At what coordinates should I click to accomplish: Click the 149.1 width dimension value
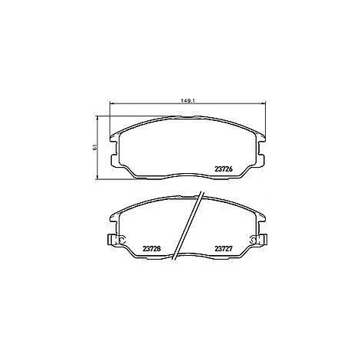point(188,101)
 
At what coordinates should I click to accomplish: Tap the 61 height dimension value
point(95,147)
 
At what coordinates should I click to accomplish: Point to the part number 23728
point(152,248)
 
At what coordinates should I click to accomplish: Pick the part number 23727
point(224,248)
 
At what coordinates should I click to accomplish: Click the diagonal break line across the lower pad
point(188,226)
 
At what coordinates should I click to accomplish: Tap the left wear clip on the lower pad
point(116,240)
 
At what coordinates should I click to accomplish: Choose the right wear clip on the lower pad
point(259,240)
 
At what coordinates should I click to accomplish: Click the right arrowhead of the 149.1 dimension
point(263,103)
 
